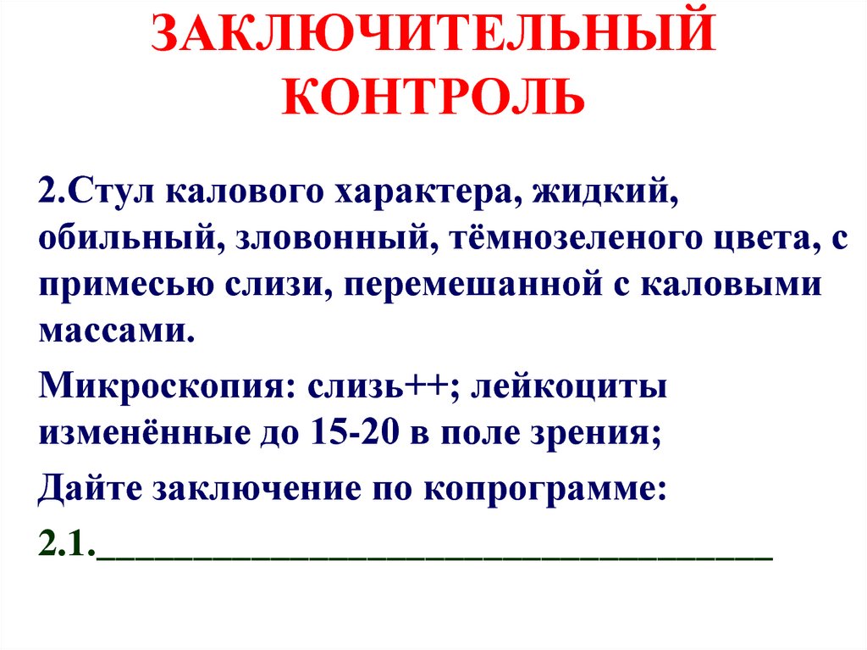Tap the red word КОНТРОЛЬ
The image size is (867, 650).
[433, 97]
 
